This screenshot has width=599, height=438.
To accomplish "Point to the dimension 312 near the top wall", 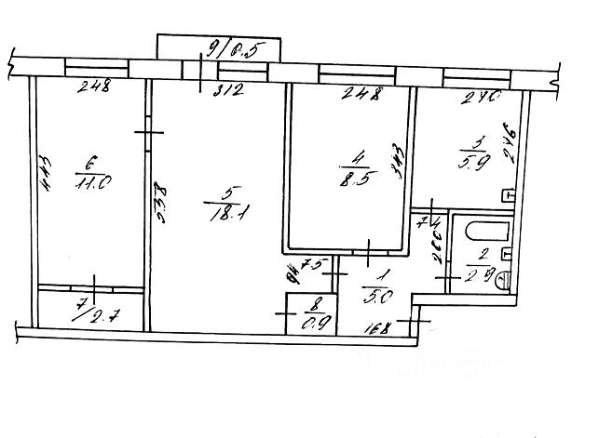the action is point(229,89).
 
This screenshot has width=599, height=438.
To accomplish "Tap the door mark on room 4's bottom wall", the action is point(370,249).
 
